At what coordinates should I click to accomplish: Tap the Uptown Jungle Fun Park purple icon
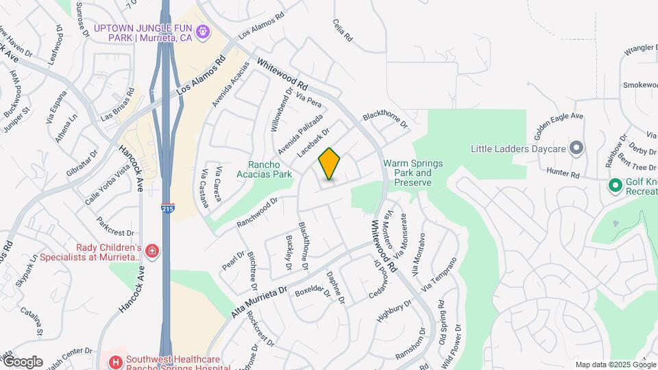tap(202, 32)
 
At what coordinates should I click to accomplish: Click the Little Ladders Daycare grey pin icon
tap(576, 148)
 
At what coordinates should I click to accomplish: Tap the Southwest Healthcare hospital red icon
tap(116, 362)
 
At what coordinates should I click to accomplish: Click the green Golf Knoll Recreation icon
tap(616, 185)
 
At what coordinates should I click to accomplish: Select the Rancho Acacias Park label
tap(269, 169)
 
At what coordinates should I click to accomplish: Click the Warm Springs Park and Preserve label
tap(413, 173)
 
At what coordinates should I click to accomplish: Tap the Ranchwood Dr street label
tap(257, 212)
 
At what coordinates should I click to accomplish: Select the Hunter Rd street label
tap(563, 174)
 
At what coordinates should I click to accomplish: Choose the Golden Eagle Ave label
tap(559, 123)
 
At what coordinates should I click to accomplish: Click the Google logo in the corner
tap(23, 362)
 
